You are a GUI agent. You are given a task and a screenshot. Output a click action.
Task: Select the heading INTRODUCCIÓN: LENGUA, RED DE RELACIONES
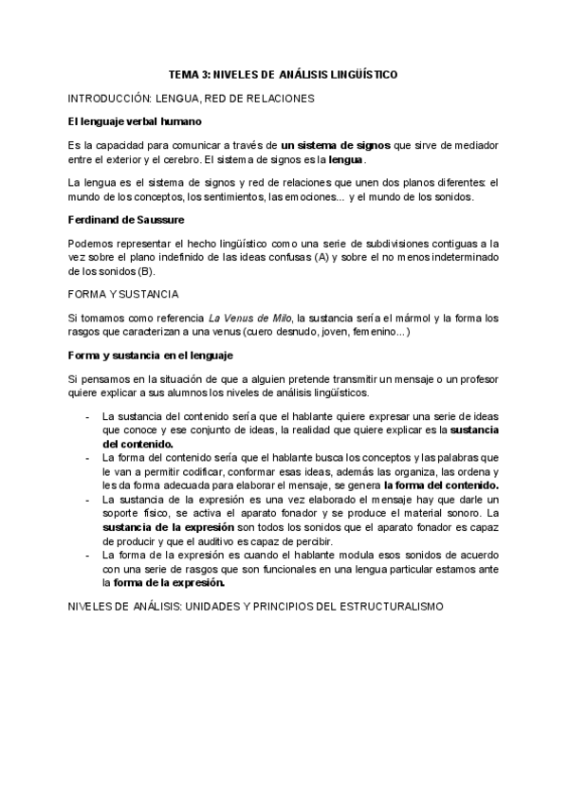(x=193, y=98)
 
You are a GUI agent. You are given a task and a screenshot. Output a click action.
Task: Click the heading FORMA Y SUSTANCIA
(x=123, y=295)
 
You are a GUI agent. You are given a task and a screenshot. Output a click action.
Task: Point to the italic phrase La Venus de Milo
(x=250, y=319)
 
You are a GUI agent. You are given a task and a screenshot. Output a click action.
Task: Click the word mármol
(x=396, y=319)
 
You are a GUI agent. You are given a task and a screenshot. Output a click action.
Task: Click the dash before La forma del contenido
(x=87, y=457)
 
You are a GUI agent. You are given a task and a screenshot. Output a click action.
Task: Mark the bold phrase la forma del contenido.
(x=441, y=484)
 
